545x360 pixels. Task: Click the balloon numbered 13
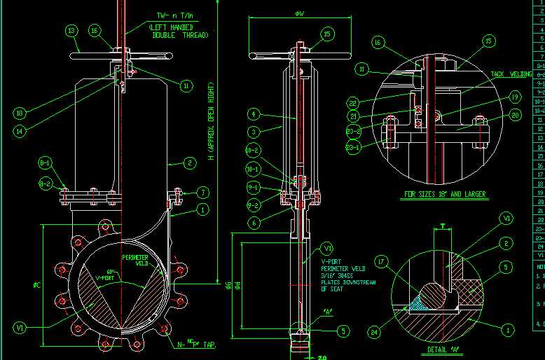tap(71, 30)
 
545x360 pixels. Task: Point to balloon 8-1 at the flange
tap(46, 163)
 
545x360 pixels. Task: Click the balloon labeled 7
tap(202, 192)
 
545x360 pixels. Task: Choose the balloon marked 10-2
tap(254, 151)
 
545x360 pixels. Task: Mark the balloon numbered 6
tap(254, 222)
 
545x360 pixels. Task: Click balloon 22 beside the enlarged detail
tap(353, 104)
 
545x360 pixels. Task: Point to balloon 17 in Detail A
tap(382, 263)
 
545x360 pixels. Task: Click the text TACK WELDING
tap(511, 74)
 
